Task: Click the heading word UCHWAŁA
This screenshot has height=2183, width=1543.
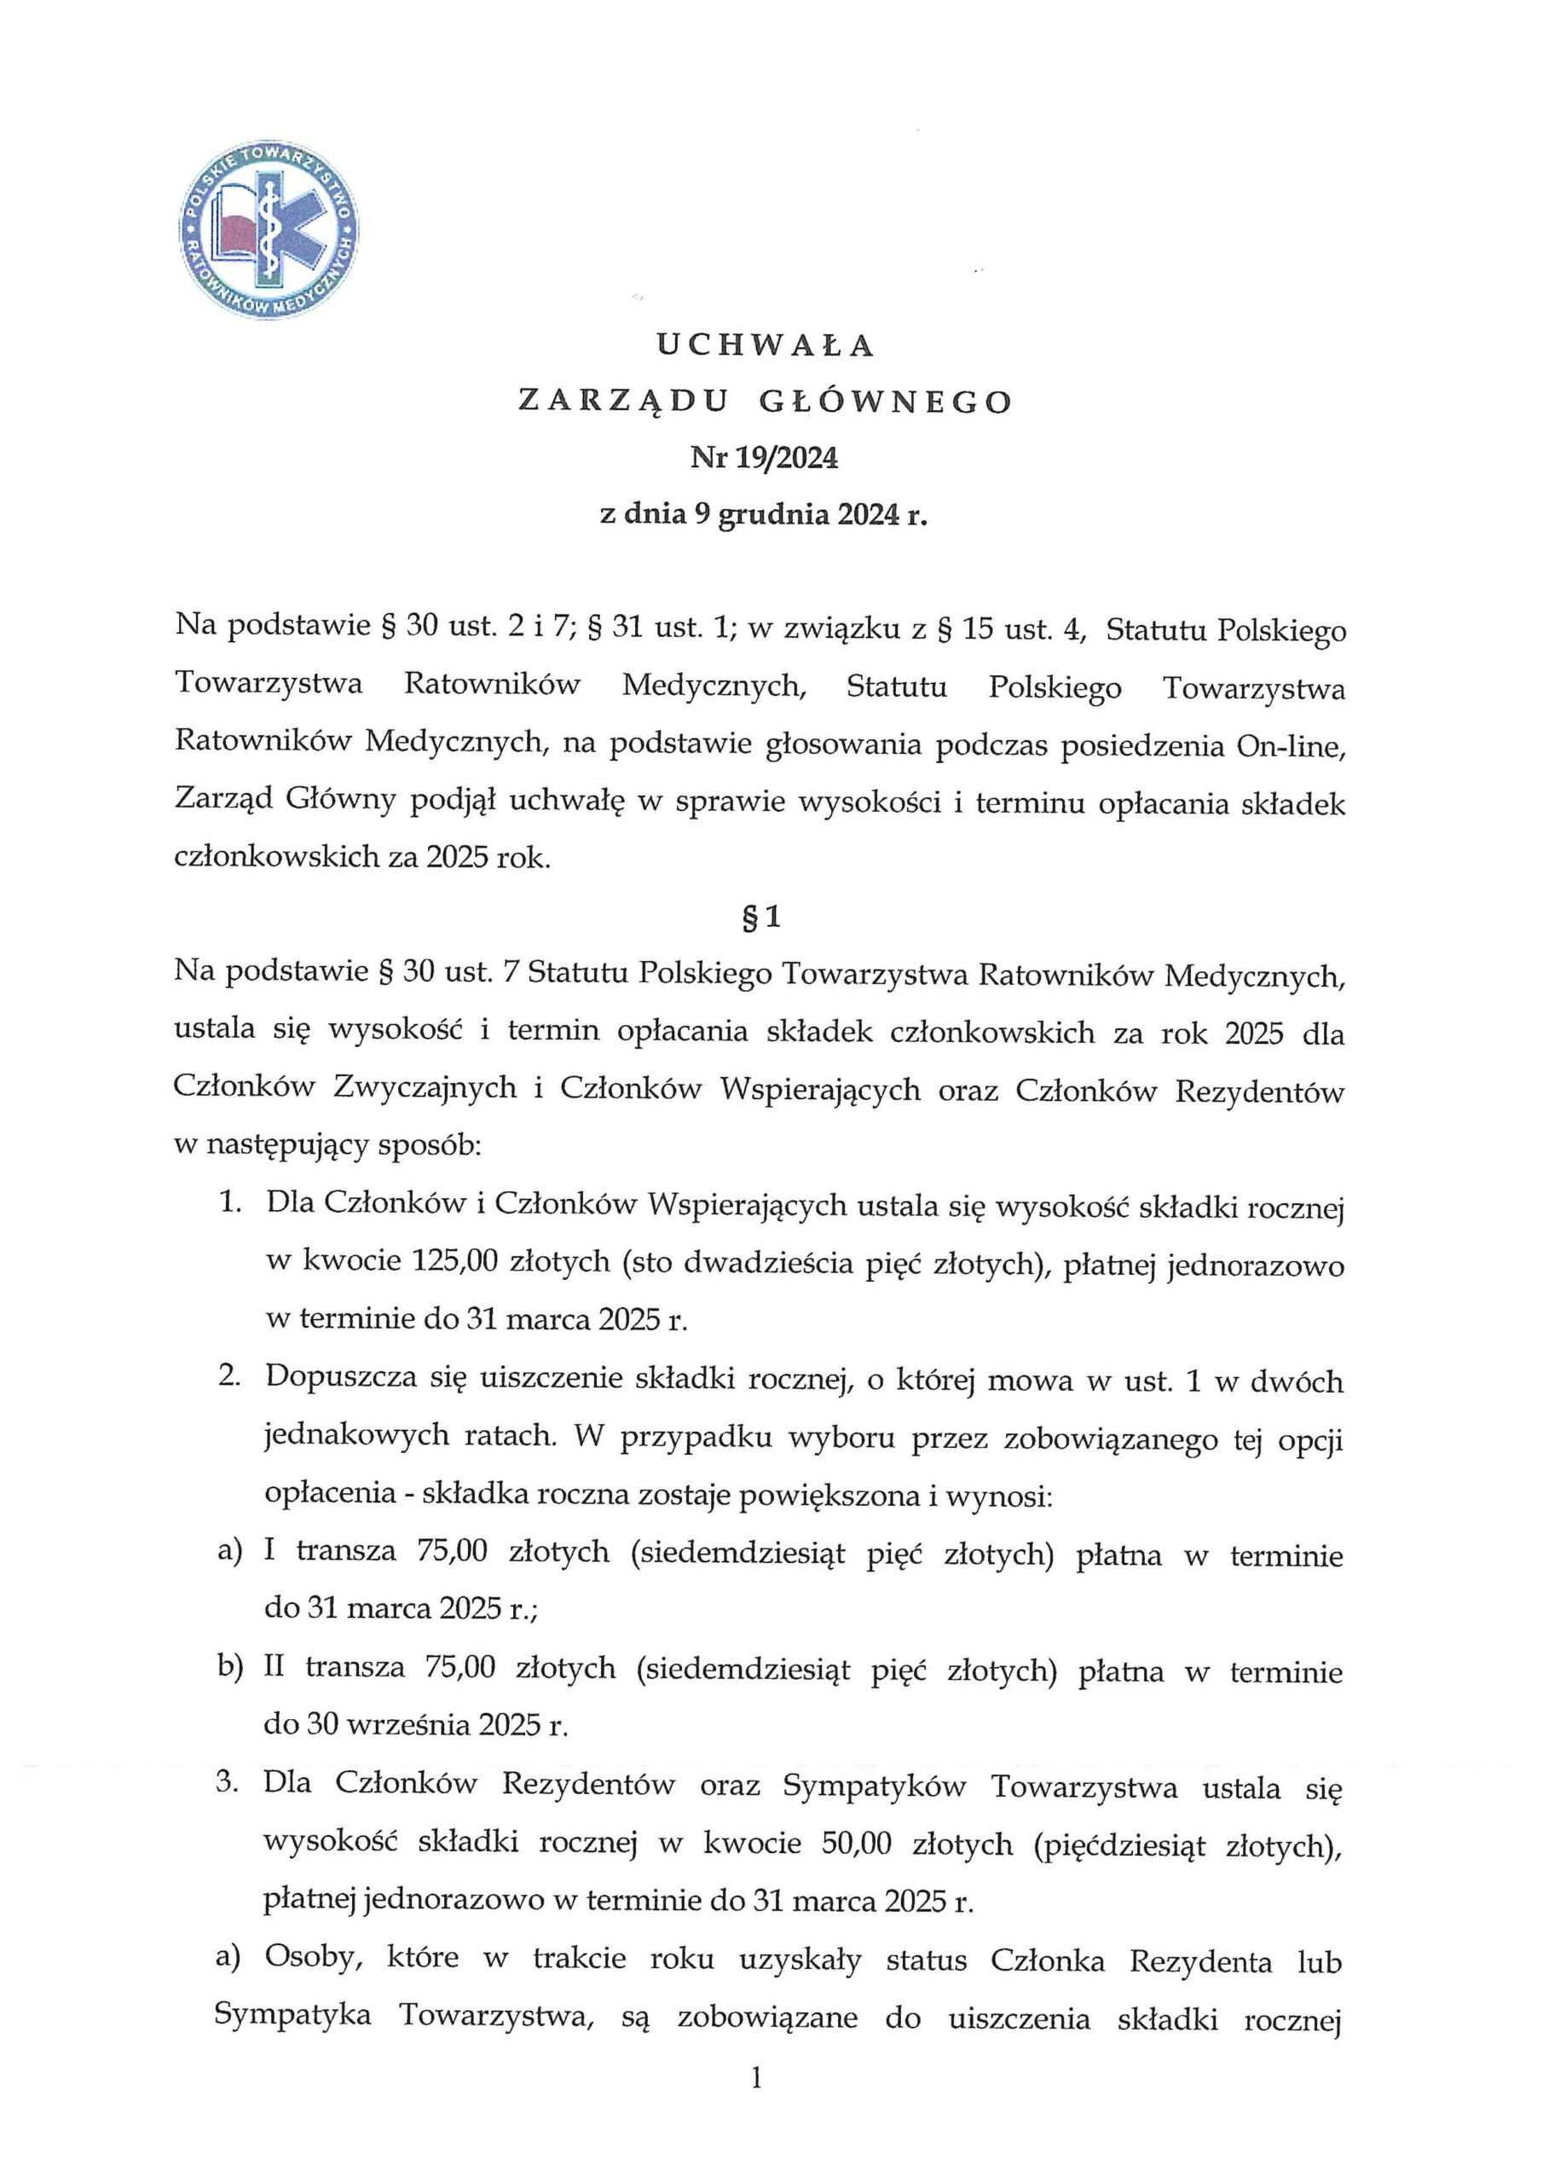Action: [x=765, y=346]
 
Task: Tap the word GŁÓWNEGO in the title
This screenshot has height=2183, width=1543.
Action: [x=886, y=402]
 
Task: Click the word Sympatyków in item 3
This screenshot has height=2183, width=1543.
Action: [x=874, y=1786]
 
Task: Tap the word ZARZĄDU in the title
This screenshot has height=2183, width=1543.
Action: [x=622, y=402]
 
